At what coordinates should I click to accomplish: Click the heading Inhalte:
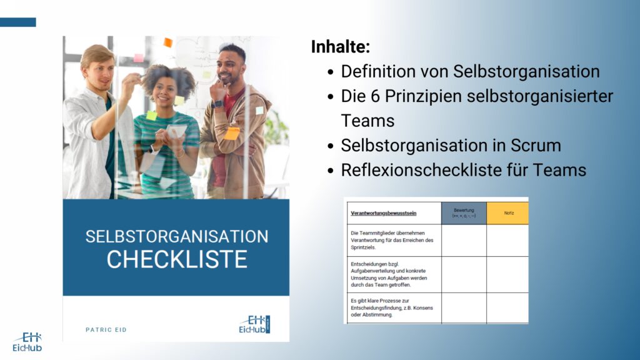(x=341, y=47)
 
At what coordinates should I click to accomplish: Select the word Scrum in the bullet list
(x=534, y=146)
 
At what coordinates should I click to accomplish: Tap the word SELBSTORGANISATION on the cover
(x=176, y=237)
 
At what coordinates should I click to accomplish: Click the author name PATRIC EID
(x=106, y=329)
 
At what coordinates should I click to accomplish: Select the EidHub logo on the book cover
(x=254, y=324)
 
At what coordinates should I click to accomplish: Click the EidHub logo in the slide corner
(x=27, y=341)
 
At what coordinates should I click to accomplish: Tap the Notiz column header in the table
(x=507, y=213)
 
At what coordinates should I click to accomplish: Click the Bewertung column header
(x=464, y=213)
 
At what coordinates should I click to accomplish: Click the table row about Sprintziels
(x=394, y=240)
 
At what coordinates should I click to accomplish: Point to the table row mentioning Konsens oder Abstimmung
(x=394, y=307)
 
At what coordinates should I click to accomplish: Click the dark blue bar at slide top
(x=17, y=22)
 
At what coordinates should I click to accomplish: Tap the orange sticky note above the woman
(x=167, y=42)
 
